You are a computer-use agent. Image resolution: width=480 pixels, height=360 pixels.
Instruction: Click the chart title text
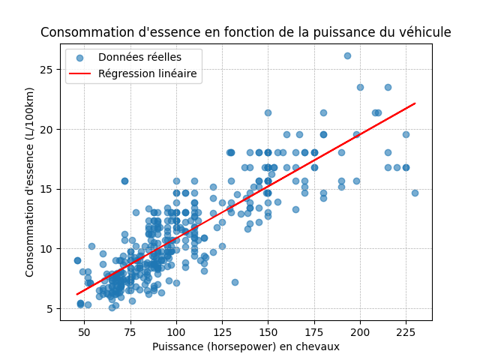point(246,32)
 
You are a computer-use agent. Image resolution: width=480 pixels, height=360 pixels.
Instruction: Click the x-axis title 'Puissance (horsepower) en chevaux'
point(246,346)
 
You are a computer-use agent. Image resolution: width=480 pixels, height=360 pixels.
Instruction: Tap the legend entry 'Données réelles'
point(139,58)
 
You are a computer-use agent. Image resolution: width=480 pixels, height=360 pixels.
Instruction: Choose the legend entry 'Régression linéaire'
point(147,73)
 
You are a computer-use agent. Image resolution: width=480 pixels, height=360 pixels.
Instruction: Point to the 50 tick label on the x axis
point(84,331)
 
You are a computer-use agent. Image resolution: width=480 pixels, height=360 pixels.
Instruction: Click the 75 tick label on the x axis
point(130,331)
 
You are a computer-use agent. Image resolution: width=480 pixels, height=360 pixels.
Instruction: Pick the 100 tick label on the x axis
point(176,331)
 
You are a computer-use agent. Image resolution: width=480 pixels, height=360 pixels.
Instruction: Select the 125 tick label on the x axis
point(222,331)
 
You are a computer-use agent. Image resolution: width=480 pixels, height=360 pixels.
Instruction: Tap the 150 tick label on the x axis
point(268,331)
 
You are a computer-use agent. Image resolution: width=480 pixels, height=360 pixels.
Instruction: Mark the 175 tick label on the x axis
point(314,331)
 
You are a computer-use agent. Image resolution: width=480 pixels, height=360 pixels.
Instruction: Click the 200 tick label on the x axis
point(360,331)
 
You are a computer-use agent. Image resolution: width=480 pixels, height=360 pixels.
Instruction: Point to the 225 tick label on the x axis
point(406,331)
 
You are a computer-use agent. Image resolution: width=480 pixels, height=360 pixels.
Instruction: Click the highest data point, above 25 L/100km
point(347,55)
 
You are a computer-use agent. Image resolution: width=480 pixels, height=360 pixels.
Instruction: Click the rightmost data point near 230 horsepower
point(415,193)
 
